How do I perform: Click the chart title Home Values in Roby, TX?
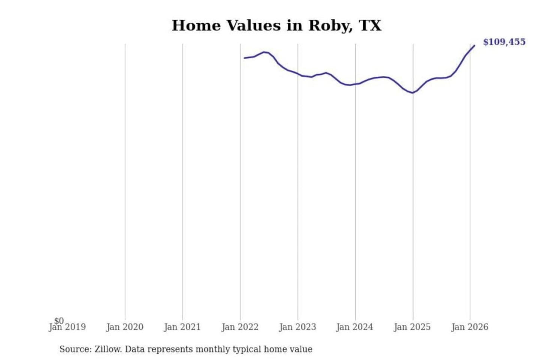click(x=276, y=25)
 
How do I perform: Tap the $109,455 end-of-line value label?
click(x=504, y=42)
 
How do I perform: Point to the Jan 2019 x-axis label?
click(x=67, y=327)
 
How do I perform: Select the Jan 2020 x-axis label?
click(x=125, y=327)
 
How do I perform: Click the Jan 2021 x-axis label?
click(x=182, y=327)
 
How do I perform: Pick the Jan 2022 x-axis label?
click(x=240, y=327)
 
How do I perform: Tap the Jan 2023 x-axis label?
click(x=298, y=327)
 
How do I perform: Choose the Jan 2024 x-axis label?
click(x=355, y=327)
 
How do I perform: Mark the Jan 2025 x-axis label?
click(x=412, y=327)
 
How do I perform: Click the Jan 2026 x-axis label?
click(x=469, y=327)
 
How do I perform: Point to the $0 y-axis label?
click(x=59, y=321)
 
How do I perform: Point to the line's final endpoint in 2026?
click(x=474, y=46)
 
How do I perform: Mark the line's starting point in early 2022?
click(x=244, y=58)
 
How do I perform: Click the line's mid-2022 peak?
click(x=265, y=52)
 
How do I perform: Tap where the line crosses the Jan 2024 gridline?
click(x=355, y=84)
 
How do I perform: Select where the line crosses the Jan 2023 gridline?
click(x=298, y=74)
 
